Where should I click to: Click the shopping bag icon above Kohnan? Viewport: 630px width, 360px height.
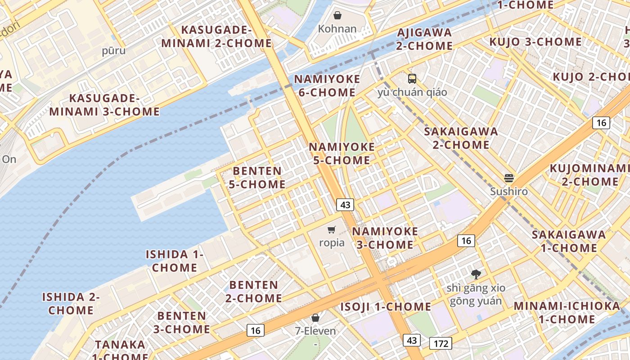click(x=337, y=16)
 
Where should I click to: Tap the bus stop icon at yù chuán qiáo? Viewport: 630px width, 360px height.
click(x=412, y=79)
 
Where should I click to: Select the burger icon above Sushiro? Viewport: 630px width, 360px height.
click(x=509, y=178)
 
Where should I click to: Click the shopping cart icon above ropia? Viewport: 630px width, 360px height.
click(x=332, y=230)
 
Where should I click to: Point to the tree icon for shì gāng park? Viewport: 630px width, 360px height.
click(x=476, y=274)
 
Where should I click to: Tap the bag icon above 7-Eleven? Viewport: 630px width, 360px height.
click(x=315, y=318)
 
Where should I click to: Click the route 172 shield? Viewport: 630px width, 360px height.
click(x=441, y=344)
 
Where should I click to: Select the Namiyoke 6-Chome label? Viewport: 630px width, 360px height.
click(x=327, y=86)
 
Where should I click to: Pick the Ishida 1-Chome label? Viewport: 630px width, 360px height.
click(x=175, y=261)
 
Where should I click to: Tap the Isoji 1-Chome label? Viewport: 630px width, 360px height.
click(x=386, y=307)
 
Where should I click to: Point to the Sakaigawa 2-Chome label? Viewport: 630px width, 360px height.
click(x=461, y=138)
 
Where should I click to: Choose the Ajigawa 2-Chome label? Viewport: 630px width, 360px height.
click(x=424, y=39)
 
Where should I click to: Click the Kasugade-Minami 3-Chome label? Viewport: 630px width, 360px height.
click(x=104, y=105)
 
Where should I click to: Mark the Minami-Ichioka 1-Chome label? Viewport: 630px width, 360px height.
click(x=567, y=313)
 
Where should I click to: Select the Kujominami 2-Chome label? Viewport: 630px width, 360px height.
click(x=589, y=175)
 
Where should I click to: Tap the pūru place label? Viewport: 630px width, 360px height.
click(x=114, y=50)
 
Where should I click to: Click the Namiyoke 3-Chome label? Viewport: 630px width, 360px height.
click(x=385, y=238)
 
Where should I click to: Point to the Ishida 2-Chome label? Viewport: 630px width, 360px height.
click(x=71, y=304)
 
